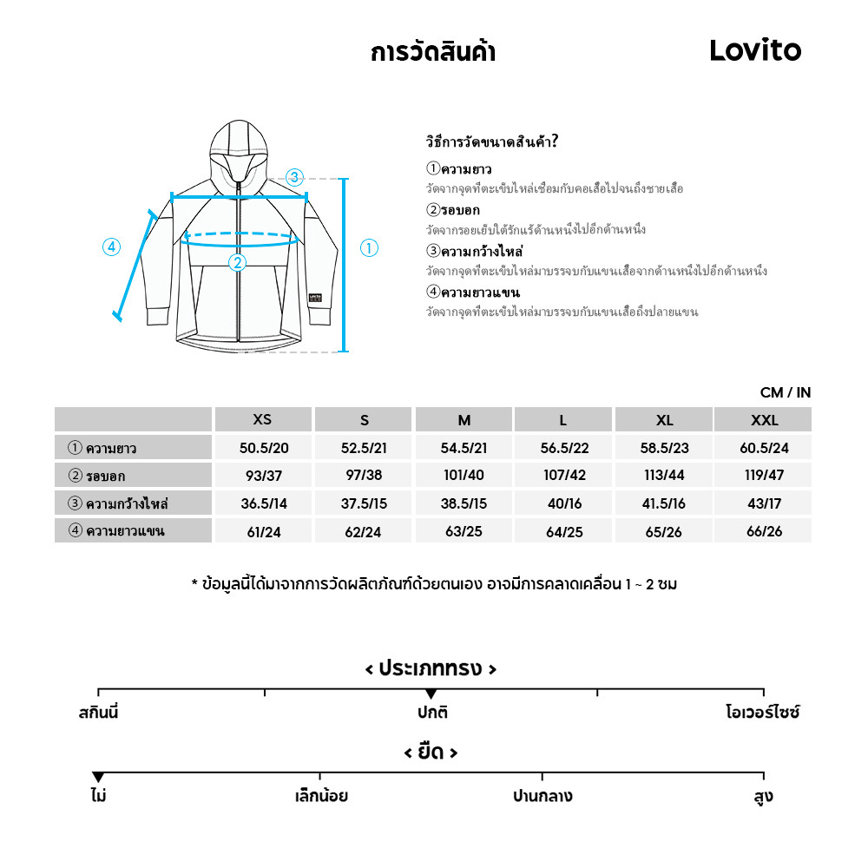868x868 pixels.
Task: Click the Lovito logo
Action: click(755, 50)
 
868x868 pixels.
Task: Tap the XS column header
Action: click(262, 420)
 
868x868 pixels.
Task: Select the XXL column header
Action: click(764, 420)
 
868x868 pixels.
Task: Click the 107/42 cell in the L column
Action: click(563, 476)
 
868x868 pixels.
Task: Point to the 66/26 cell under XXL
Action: click(764, 531)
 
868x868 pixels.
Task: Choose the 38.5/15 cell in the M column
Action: click(464, 503)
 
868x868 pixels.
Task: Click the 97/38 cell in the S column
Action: click(364, 476)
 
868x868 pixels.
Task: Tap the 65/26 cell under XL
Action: click(664, 531)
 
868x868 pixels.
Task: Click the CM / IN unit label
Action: click(786, 392)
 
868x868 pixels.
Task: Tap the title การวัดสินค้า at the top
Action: click(433, 53)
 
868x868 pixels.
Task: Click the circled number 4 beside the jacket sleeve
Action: click(111, 247)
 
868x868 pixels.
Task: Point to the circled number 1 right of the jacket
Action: click(369, 248)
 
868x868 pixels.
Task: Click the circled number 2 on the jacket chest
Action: click(237, 262)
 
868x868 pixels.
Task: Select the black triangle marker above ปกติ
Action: click(431, 694)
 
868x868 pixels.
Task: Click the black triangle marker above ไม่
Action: click(98, 777)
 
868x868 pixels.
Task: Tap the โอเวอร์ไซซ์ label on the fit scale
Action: click(762, 713)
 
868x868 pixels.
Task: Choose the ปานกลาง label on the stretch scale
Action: click(542, 796)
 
